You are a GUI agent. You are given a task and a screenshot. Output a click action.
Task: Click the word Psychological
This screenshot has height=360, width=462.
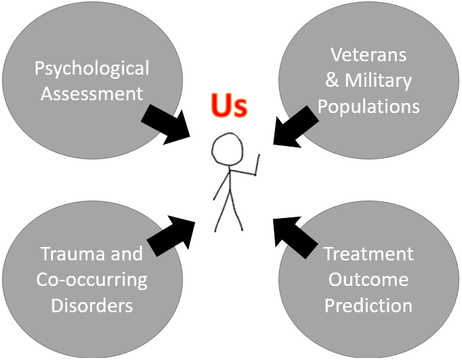coord(92,69)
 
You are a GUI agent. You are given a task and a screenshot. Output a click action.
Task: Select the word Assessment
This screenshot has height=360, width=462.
coord(92,93)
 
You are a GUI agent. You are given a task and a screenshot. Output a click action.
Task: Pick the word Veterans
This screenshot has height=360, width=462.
coord(369,55)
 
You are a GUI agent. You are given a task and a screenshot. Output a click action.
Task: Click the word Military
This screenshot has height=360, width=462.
coord(378,81)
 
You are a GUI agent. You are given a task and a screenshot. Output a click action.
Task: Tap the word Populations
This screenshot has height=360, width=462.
coord(369,106)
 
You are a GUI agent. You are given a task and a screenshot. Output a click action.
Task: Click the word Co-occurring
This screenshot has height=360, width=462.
coord(92,280)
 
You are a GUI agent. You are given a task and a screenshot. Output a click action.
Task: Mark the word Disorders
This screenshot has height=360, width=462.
coord(92,305)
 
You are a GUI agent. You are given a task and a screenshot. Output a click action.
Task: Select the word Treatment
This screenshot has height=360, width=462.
coord(369,254)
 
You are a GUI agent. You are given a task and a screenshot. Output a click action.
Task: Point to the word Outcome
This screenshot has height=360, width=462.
coord(369,280)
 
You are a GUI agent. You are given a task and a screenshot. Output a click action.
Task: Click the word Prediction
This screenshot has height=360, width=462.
coord(369,305)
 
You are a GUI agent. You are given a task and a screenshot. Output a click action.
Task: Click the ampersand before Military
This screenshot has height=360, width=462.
coord(332,81)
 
